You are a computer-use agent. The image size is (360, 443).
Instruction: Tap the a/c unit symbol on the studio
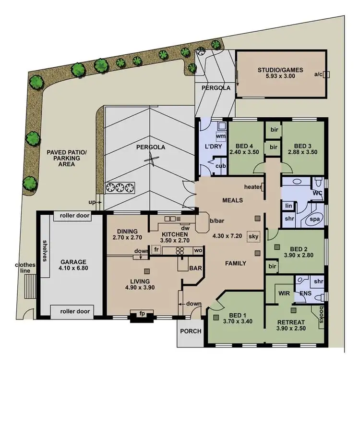tap(327, 74)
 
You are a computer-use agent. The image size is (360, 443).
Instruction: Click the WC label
tap(317, 193)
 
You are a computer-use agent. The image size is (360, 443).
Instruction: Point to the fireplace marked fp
tap(142, 314)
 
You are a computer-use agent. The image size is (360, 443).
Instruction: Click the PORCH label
tap(190, 331)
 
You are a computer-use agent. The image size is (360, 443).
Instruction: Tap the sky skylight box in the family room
tap(252, 237)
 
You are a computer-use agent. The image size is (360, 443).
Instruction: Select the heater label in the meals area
tap(252, 187)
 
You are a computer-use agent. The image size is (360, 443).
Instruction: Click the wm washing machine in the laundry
tap(221, 136)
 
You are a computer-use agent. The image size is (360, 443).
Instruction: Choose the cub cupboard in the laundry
tap(220, 166)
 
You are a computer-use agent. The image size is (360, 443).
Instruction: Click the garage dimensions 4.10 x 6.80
tap(73, 270)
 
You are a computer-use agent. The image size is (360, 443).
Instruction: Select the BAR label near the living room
tap(195, 268)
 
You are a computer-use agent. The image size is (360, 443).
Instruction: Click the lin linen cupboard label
tap(288, 205)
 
